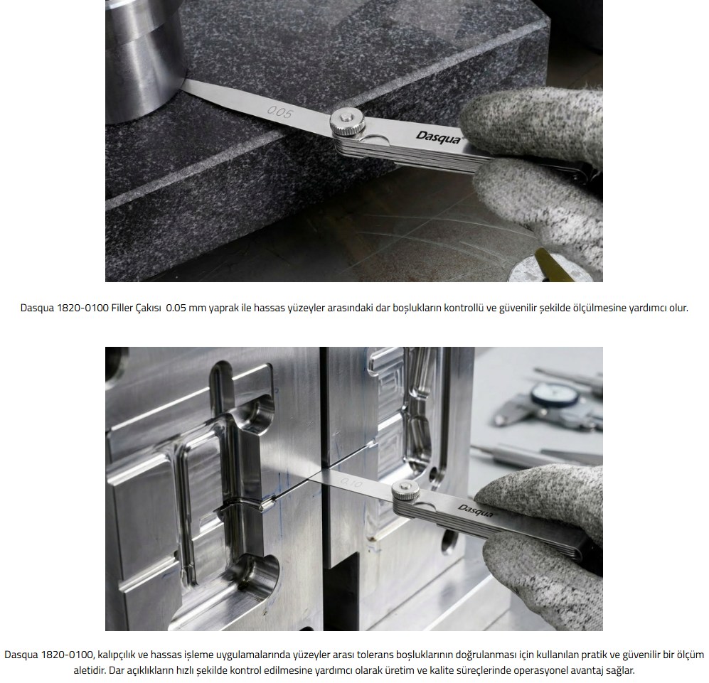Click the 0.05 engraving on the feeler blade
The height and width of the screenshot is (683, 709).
point(280,112)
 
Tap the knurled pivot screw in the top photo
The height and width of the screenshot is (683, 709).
point(347,121)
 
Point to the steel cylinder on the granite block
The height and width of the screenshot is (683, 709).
point(144,59)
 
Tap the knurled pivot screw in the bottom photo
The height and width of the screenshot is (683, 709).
point(405,490)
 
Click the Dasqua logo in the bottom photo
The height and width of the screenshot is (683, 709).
point(476,511)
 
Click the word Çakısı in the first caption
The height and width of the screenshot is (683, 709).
point(149,308)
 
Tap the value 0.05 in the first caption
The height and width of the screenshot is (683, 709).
point(176,308)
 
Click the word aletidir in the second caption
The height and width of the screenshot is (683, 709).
point(89,670)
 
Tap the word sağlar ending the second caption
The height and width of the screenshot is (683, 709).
point(622,671)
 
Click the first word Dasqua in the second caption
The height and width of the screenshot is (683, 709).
point(21,655)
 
